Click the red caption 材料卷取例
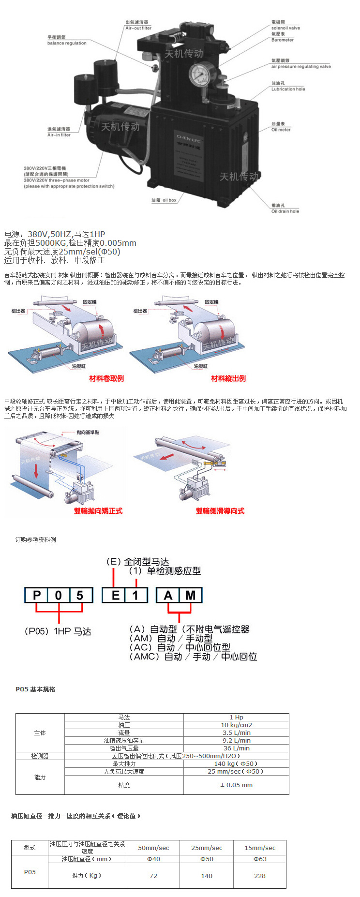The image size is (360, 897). point(106,378)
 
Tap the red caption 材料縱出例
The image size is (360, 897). point(228,378)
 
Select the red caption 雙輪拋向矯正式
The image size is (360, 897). point(98,511)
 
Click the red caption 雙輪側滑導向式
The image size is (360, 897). point(220,511)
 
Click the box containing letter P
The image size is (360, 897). point(37,595)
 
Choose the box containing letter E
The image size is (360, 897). point(115,595)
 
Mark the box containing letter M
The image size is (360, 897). point(191,595)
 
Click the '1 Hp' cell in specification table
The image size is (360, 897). point(236,717)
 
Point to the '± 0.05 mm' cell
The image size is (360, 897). point(236,785)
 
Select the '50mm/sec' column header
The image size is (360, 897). point(153,848)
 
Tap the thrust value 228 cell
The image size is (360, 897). point(260,876)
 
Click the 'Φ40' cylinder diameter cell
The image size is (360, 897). point(153,859)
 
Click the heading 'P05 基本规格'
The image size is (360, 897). point(35,689)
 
